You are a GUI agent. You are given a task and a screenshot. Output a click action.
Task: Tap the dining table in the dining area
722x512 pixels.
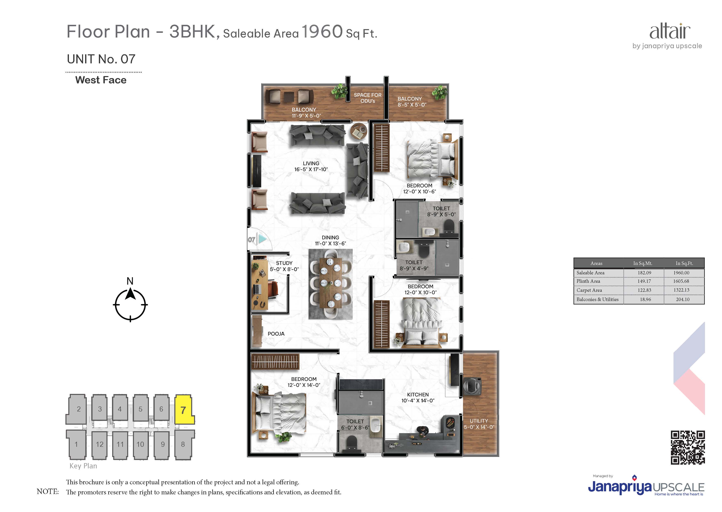pos(330,283)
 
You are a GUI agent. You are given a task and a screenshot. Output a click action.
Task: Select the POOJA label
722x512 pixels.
pos(276,334)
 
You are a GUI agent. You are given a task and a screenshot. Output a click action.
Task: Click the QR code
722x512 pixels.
pos(688,448)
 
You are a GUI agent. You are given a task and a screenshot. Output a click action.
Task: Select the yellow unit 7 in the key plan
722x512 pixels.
pos(184,409)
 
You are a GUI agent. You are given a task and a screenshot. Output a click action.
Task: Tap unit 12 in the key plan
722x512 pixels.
pos(100,445)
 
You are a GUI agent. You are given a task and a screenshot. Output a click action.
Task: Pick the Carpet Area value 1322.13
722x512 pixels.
pos(681,290)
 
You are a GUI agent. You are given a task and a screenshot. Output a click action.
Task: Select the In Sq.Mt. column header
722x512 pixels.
pos(643,263)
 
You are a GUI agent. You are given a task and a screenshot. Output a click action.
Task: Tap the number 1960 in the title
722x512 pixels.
pos(322,32)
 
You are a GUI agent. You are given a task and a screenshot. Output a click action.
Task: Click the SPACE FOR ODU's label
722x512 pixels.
pos(368,98)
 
